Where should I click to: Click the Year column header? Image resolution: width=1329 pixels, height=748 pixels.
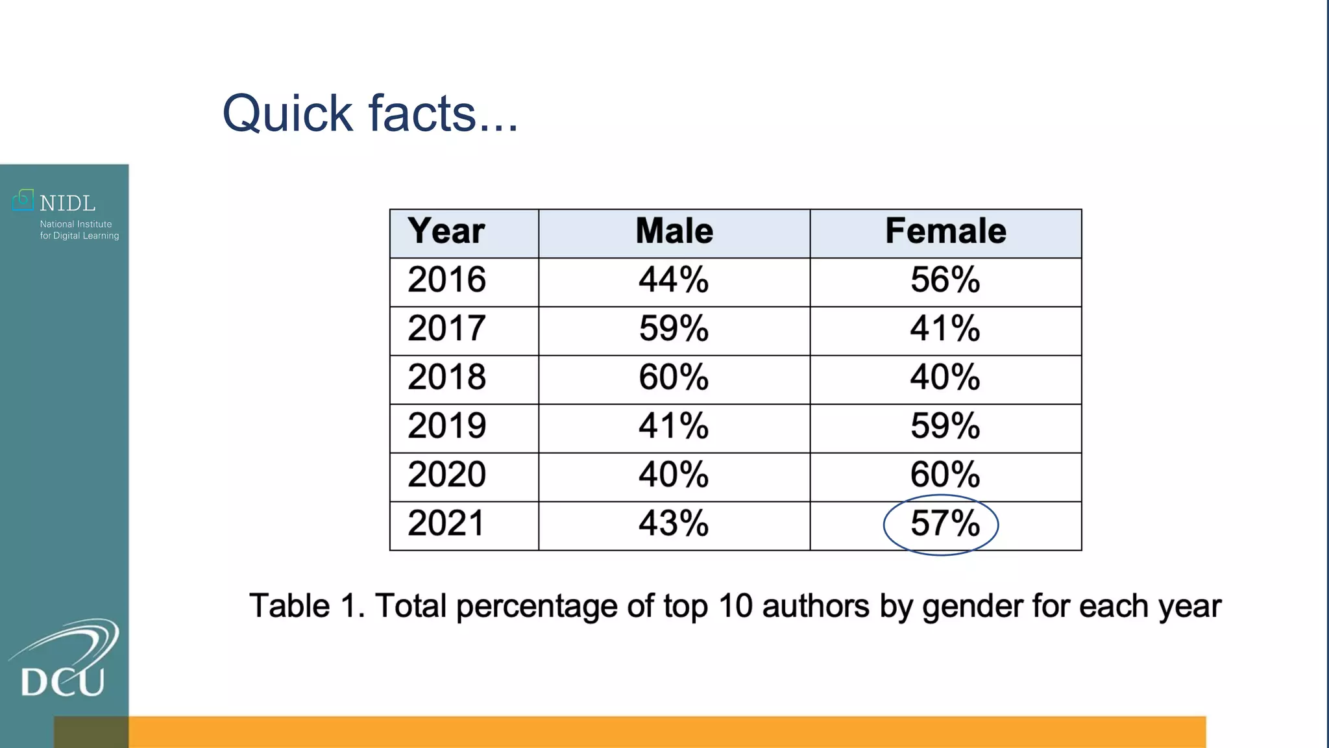tap(446, 231)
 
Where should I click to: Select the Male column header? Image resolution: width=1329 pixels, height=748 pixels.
tap(674, 231)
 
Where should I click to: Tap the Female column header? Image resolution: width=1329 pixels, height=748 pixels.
tap(945, 231)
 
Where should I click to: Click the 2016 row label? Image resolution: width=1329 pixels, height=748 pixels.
tap(446, 280)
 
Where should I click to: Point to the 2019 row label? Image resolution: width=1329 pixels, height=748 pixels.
tap(446, 426)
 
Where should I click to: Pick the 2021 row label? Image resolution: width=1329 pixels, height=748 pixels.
tap(446, 523)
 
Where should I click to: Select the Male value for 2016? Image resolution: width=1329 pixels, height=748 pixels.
tap(674, 280)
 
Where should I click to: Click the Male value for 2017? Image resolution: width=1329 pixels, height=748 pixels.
tap(674, 329)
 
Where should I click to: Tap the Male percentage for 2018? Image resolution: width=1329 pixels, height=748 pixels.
tap(674, 377)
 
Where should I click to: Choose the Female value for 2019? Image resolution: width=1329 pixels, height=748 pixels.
tap(945, 426)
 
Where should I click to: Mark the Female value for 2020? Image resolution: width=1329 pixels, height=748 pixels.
tap(945, 475)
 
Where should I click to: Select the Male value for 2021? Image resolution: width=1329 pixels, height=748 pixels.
tap(674, 523)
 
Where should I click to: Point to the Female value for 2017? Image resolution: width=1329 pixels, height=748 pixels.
tap(945, 329)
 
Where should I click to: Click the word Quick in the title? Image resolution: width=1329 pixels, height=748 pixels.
tap(287, 114)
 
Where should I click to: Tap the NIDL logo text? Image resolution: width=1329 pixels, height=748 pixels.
tap(67, 204)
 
